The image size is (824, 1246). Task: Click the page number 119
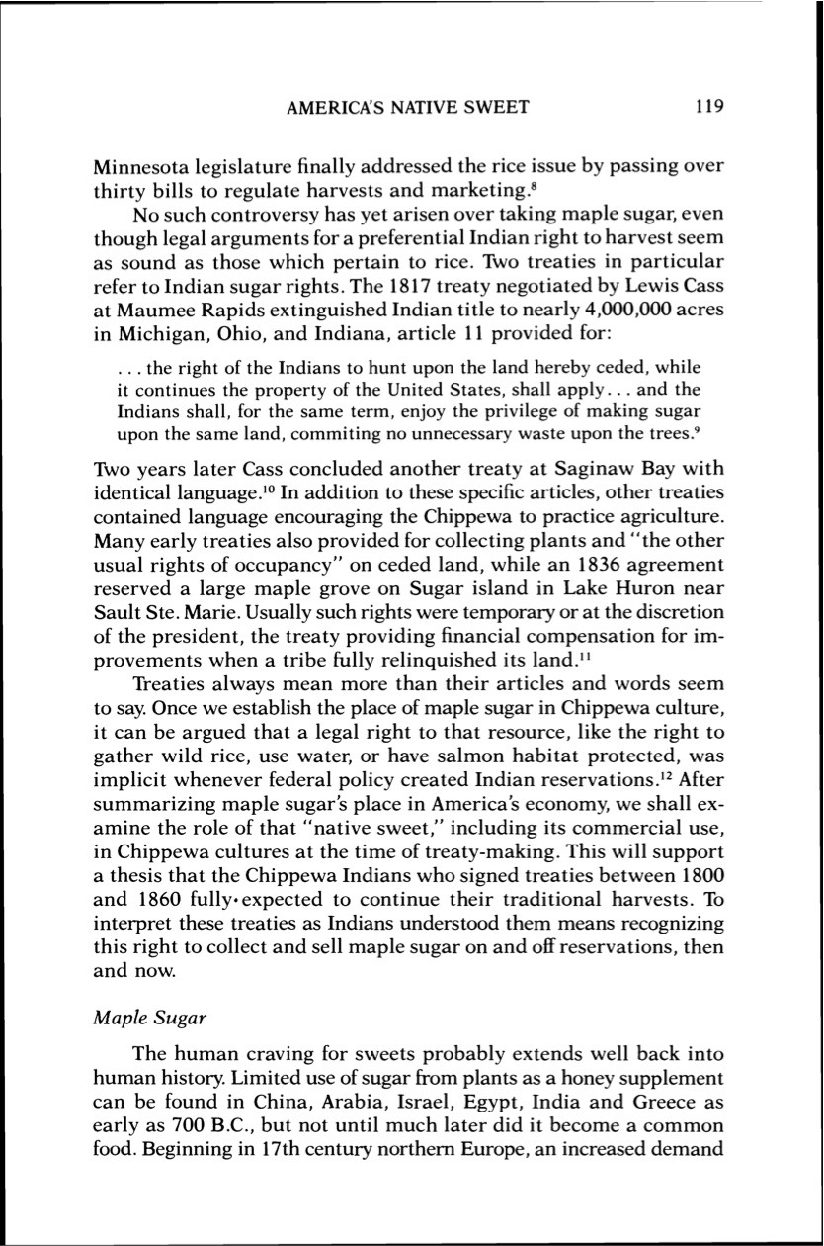(x=709, y=106)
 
